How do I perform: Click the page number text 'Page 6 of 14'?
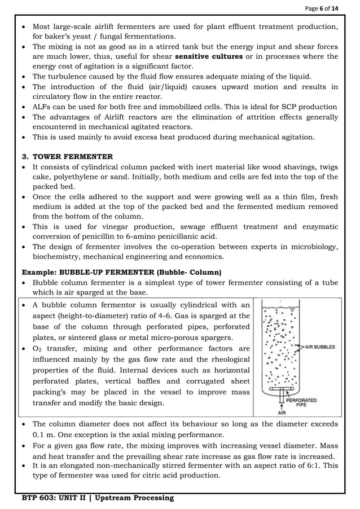click(330, 7)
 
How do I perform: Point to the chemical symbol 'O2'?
click(38, 348)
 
